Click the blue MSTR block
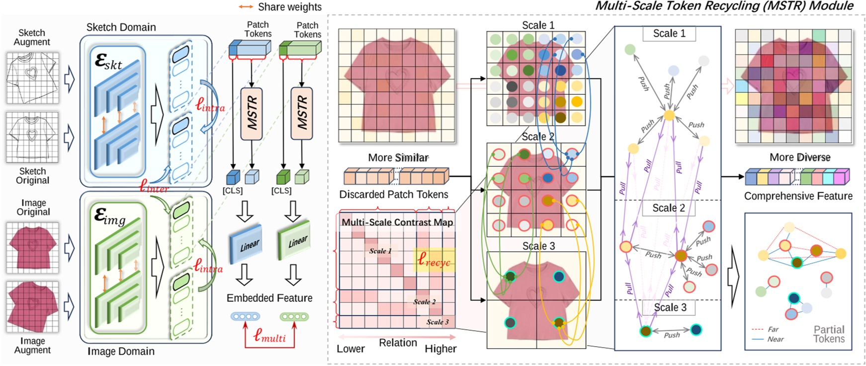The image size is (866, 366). pos(252,114)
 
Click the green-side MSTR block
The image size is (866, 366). pos(302,114)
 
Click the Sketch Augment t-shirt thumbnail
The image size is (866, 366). pos(32,78)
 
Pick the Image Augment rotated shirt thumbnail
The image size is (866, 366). pos(32,307)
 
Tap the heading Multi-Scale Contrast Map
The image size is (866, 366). pos(397,222)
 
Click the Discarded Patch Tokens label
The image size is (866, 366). pos(394,194)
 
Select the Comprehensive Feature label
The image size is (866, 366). pos(798,196)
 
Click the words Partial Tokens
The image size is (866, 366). pos(829,334)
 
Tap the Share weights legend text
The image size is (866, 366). pos(289,7)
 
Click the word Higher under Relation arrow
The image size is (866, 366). pos(440,349)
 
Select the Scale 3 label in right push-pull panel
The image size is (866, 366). pos(670,307)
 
